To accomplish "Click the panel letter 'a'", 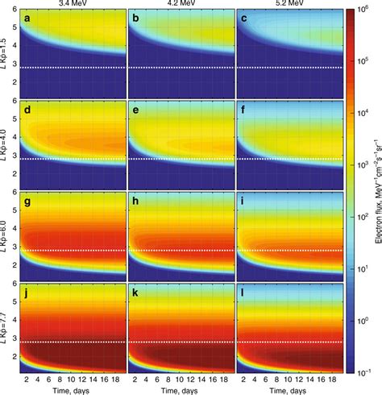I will tap(28, 18).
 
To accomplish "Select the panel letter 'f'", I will tap(243, 109).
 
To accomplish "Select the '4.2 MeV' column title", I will tap(180, 4).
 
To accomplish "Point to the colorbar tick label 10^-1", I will tap(363, 372).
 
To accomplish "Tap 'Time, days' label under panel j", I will tap(73, 389).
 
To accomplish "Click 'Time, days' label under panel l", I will tap(287, 389).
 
